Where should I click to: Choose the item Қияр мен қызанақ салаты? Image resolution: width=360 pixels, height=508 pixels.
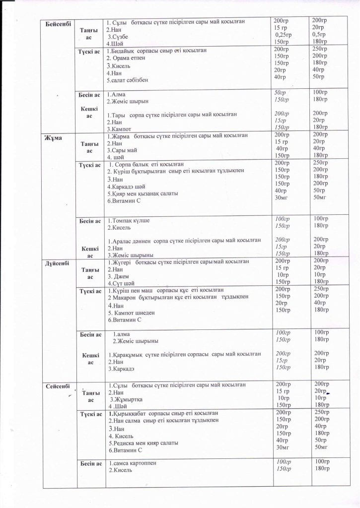coord(143,193)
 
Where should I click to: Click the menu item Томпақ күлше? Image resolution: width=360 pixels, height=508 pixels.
coord(131,220)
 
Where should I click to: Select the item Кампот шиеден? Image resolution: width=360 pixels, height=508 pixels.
coord(132,313)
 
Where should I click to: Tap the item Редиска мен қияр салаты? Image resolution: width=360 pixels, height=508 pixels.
coord(143,443)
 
